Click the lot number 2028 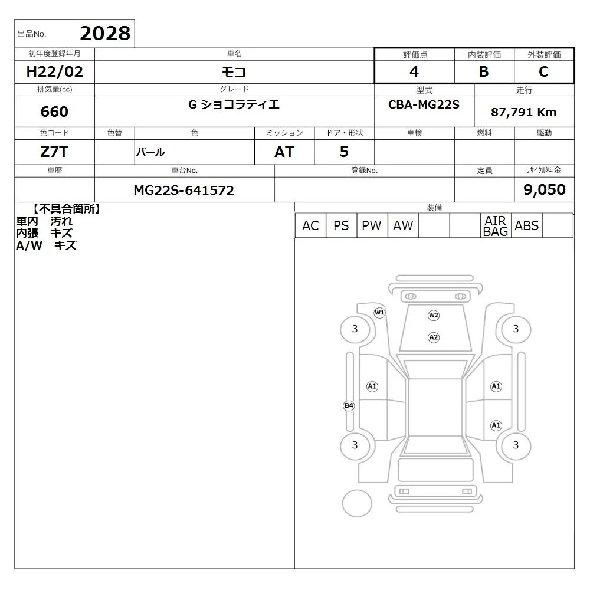pyautogui.click(x=105, y=33)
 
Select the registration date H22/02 pyautogui.click(x=54, y=71)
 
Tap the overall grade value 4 pyautogui.click(x=414, y=71)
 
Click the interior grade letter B pyautogui.click(x=484, y=71)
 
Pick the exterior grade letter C pyautogui.click(x=544, y=71)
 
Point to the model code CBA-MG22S pyautogui.click(x=424, y=104)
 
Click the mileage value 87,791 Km pyautogui.click(x=523, y=112)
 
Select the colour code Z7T pyautogui.click(x=54, y=152)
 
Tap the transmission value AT pyautogui.click(x=284, y=152)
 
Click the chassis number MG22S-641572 pyautogui.click(x=184, y=190)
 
